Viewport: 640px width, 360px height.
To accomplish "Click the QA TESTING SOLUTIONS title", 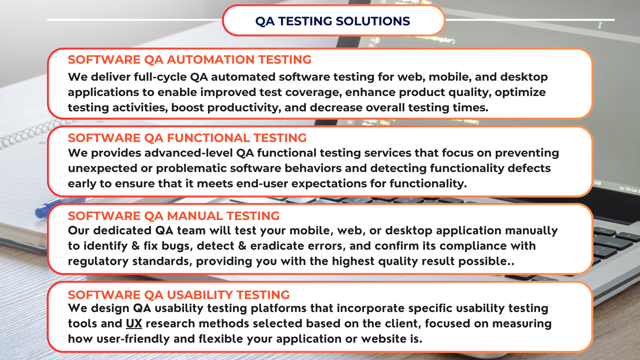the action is pos(332,21).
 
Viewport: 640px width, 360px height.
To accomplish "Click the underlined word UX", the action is pos(134,323).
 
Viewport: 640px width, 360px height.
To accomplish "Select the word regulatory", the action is pos(98,262).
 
